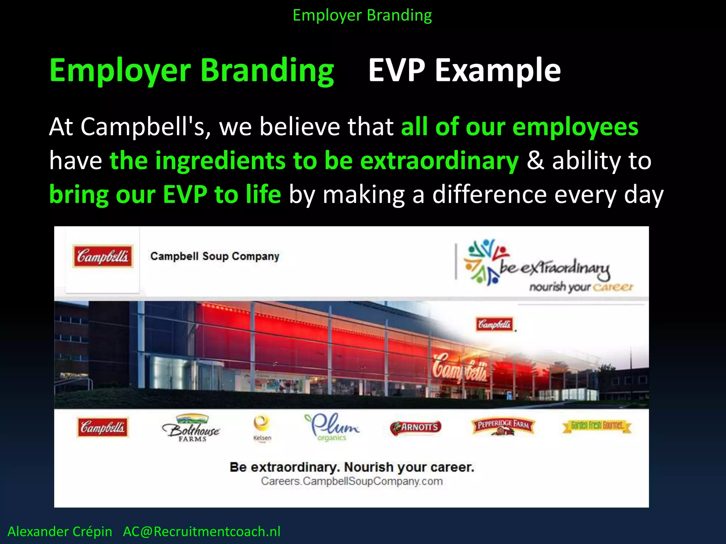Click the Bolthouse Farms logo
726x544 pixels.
point(191,428)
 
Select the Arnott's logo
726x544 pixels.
point(416,427)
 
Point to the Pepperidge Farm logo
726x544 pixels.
point(503,426)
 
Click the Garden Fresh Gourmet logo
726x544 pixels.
point(597,426)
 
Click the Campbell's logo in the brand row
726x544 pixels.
point(102,427)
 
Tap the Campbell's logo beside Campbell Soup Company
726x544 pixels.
point(103,256)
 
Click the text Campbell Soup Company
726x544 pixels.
point(214,256)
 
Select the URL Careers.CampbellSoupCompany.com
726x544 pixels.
point(352,481)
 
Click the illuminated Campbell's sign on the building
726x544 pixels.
point(459,368)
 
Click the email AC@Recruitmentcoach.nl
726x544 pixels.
point(201,532)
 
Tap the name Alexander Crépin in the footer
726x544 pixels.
point(60,532)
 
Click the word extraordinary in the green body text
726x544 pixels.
point(439,161)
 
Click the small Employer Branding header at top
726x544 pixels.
point(362,15)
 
